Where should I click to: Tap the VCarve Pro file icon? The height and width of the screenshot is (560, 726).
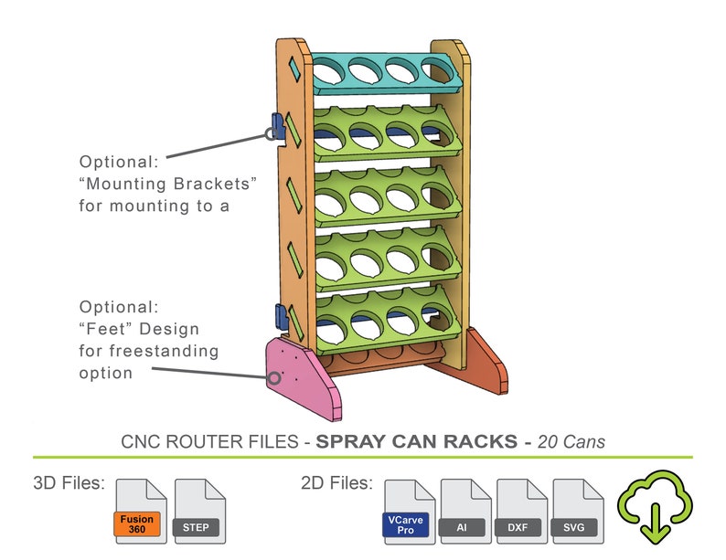(x=409, y=511)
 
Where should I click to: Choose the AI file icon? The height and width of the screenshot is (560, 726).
(x=466, y=511)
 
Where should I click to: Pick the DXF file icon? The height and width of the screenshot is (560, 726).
(x=522, y=511)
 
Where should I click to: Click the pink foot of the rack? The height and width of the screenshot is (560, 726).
(x=301, y=375)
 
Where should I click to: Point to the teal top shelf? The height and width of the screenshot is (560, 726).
(x=385, y=74)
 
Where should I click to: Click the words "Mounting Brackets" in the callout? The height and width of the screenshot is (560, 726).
(x=168, y=184)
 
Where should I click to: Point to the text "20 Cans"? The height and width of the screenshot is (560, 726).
(x=571, y=441)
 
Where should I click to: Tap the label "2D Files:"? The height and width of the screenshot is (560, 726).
(x=336, y=482)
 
